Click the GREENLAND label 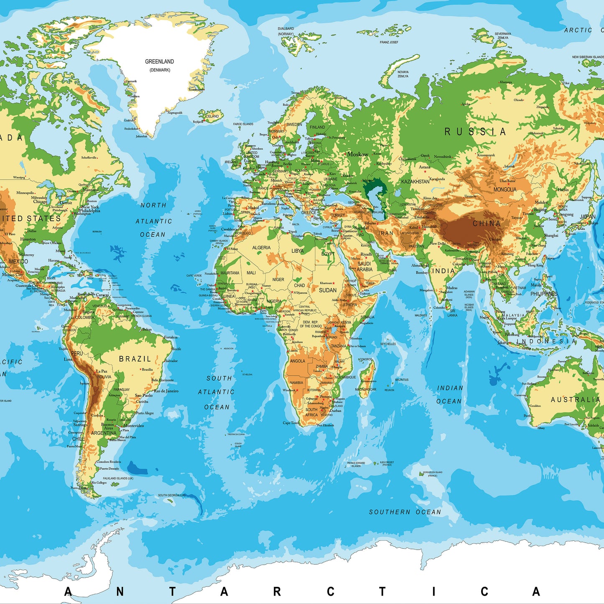pyautogui.click(x=159, y=61)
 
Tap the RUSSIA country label pyautogui.click(x=475, y=132)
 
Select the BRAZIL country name pyautogui.click(x=135, y=359)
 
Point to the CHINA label pyautogui.click(x=487, y=224)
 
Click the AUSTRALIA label pyautogui.click(x=575, y=400)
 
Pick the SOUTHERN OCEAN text pyautogui.click(x=405, y=512)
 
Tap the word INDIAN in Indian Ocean pyautogui.click(x=450, y=388)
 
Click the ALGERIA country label pyautogui.click(x=261, y=247)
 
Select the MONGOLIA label pyautogui.click(x=505, y=189)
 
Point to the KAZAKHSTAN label pyautogui.click(x=415, y=181)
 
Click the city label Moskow pyautogui.click(x=358, y=154)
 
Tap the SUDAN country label pyautogui.click(x=328, y=290)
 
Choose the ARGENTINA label pyautogui.click(x=104, y=433)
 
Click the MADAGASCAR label pyautogui.click(x=366, y=390)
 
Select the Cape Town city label pyautogui.click(x=291, y=423)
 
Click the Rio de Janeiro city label pyautogui.click(x=166, y=391)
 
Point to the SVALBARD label pyautogui.click(x=286, y=29)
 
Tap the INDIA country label pyautogui.click(x=443, y=271)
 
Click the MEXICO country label pyautogui.click(x=18, y=261)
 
